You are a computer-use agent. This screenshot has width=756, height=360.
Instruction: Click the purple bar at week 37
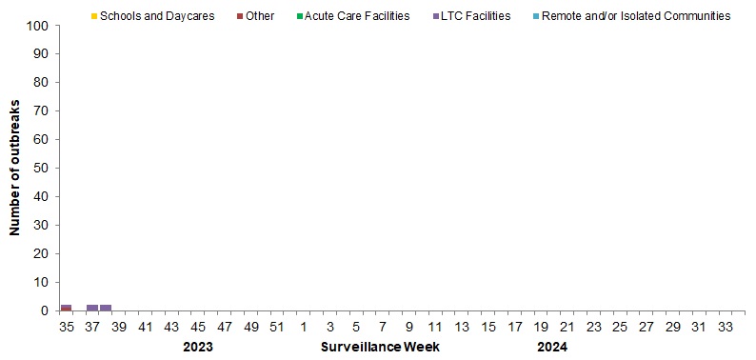pos(92,308)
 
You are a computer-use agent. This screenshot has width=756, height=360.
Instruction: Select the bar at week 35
pos(66,308)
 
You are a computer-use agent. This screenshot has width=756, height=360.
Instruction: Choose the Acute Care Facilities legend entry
pos(355,16)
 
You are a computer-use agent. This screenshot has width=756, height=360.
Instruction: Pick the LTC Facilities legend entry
pos(471,16)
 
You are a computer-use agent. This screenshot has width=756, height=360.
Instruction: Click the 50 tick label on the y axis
pos(43,169)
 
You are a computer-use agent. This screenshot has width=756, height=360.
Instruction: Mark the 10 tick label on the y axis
pos(43,283)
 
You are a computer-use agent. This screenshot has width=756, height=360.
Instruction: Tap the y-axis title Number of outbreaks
pos(15,168)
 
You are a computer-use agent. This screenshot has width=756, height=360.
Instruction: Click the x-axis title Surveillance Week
pos(380,347)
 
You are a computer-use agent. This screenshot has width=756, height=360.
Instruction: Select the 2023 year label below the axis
pos(197,347)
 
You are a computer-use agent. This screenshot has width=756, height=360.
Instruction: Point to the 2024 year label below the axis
pos(551,347)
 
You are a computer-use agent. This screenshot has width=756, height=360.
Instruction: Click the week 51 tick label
pos(277,327)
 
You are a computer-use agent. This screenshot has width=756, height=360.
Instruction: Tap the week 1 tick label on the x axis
pos(304,327)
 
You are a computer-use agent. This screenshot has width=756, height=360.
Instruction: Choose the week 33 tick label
pos(726,327)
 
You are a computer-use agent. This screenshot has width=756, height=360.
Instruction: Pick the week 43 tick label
pos(171,327)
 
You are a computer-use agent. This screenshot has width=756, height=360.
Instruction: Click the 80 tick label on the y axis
pos(43,83)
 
